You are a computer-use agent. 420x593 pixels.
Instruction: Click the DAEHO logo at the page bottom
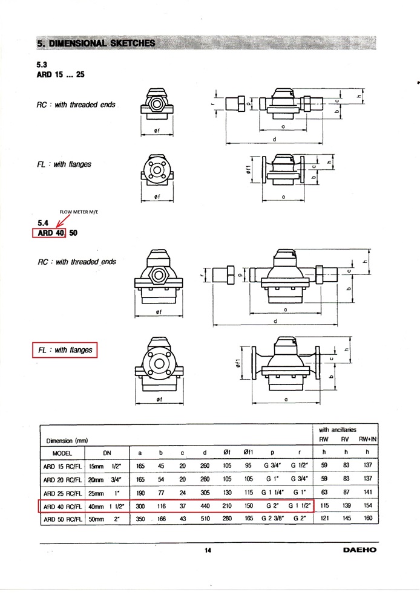click(x=359, y=550)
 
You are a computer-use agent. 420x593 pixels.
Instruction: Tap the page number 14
click(x=208, y=550)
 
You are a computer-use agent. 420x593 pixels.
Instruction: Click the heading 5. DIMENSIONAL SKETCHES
click(x=96, y=44)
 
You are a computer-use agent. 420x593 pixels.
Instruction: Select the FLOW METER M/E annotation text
click(x=78, y=212)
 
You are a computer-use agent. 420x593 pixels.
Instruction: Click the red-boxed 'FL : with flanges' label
click(x=65, y=350)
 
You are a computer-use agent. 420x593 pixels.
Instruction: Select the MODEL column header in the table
click(x=62, y=453)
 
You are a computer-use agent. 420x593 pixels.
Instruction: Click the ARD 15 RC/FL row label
click(x=62, y=466)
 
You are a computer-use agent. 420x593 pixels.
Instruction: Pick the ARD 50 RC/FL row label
click(x=62, y=519)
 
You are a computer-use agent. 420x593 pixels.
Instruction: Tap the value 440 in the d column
click(x=205, y=505)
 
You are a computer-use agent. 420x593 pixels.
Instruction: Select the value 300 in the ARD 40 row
click(x=140, y=505)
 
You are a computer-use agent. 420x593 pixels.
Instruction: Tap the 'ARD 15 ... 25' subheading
click(x=61, y=75)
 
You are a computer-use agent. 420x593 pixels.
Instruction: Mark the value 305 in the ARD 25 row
click(x=205, y=492)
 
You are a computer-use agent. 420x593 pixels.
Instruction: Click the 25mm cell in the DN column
click(x=96, y=492)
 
